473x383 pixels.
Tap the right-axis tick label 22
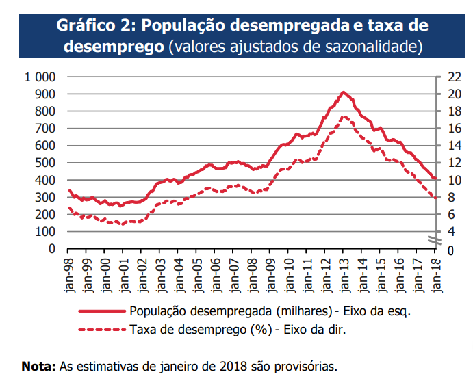pyautogui.click(x=454, y=77)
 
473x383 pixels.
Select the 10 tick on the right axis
pyautogui.click(x=454, y=180)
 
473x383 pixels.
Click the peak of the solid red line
pyautogui.click(x=344, y=92)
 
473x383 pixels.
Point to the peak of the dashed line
pyautogui.click(x=344, y=116)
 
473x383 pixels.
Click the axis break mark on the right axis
pyautogui.click(x=434, y=239)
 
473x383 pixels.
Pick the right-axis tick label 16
pyautogui.click(x=454, y=128)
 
